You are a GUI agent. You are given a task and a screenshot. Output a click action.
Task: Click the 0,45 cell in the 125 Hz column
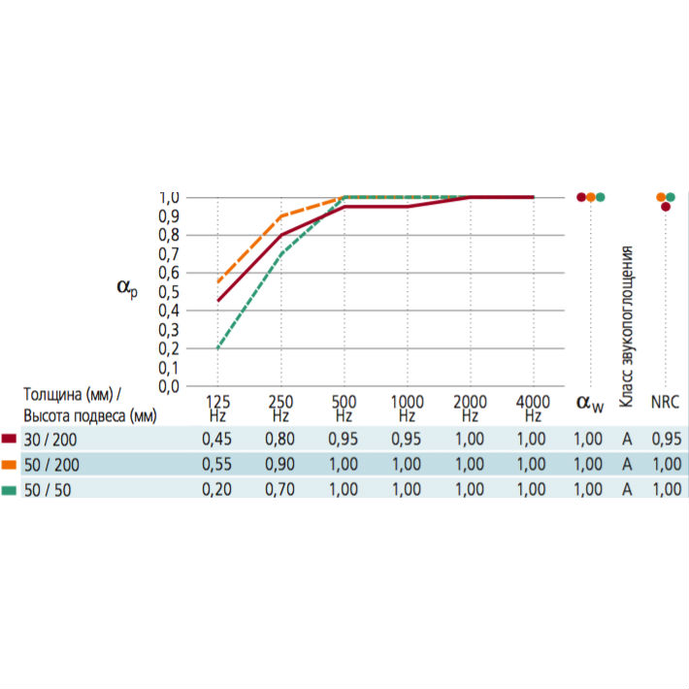(x=216, y=439)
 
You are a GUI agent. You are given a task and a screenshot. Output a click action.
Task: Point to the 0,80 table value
(x=280, y=439)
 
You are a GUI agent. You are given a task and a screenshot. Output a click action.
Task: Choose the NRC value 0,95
(x=666, y=439)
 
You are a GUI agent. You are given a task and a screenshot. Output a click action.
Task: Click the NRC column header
(x=666, y=402)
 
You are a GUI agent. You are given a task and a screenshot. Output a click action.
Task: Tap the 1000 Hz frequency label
(x=407, y=408)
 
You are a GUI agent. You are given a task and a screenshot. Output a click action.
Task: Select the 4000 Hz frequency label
(x=533, y=408)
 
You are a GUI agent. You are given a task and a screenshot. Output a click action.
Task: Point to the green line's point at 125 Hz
(x=217, y=348)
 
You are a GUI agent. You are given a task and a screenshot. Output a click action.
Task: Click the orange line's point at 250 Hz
(x=280, y=216)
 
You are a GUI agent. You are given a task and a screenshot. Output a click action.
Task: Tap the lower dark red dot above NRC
(x=666, y=206)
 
